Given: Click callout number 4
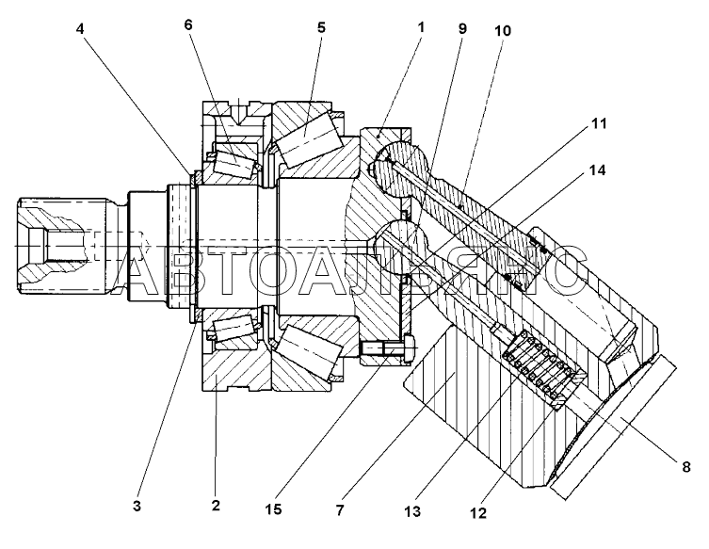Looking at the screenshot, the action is click(80, 29).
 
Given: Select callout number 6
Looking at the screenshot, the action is click(188, 24).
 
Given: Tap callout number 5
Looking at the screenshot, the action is click(321, 27).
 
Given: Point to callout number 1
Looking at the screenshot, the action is click(421, 27).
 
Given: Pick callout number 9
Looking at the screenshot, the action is click(462, 28).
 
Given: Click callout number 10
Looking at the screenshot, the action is click(503, 31).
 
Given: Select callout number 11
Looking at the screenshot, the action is click(599, 123).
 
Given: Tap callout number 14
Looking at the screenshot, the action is click(597, 170).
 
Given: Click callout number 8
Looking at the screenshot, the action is click(686, 467).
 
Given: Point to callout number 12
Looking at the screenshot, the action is click(478, 513).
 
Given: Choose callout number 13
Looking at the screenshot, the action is click(412, 511).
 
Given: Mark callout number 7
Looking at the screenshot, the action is click(340, 510).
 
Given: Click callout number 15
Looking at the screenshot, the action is click(274, 509).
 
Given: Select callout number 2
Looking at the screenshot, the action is click(216, 505).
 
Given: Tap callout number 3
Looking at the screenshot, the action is click(137, 506).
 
